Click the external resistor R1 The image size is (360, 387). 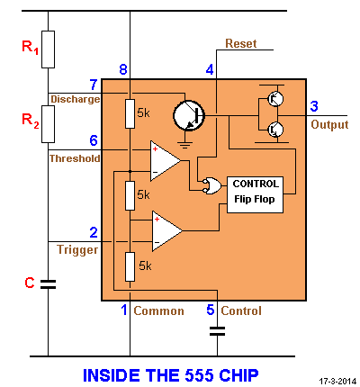click(x=48, y=49)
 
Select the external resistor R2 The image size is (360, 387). click(x=48, y=124)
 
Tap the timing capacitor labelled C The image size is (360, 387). click(x=48, y=284)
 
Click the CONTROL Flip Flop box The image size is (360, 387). click(x=255, y=194)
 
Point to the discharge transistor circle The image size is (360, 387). click(x=189, y=115)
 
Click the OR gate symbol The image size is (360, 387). click(x=211, y=185)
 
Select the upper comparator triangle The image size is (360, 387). click(x=165, y=161)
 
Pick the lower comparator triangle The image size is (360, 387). click(x=166, y=231)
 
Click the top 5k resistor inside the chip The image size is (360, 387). click(x=130, y=113)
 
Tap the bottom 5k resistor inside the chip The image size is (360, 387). click(x=130, y=266)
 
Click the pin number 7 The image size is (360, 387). click(x=94, y=85)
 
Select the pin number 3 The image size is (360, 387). click(x=314, y=106)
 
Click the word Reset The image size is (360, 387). click(x=241, y=43)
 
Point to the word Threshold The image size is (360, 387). click(x=75, y=158)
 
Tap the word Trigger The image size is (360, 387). click(x=77, y=249)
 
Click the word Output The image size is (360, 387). click(x=329, y=124)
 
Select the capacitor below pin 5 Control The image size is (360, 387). click(x=217, y=331)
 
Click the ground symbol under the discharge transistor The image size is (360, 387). click(x=185, y=145)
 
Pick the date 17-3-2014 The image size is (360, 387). click(x=337, y=382)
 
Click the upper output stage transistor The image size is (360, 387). click(x=275, y=98)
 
